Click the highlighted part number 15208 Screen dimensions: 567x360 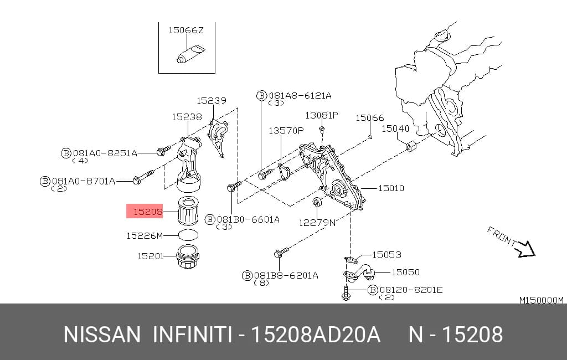coord(148,212)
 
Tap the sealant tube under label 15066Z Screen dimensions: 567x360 coord(190,54)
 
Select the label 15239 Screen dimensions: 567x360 coord(212,100)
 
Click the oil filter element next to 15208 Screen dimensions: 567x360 coord(188,210)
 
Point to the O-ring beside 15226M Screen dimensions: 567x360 coord(188,235)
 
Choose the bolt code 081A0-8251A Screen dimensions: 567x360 coord(105,153)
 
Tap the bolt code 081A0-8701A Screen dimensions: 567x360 coord(84,181)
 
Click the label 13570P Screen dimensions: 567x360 coord(286,130)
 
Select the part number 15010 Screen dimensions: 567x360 coord(391,188)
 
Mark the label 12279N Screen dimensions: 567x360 coord(317,223)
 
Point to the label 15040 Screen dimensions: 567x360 coord(395,128)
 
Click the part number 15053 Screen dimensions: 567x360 coord(386,255)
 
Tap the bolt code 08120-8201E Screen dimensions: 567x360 coord(411,290)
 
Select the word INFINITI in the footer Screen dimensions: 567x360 coord(192,335)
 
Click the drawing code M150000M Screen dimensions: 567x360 coord(542,300)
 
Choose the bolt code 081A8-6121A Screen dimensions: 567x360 coord(300,95)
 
